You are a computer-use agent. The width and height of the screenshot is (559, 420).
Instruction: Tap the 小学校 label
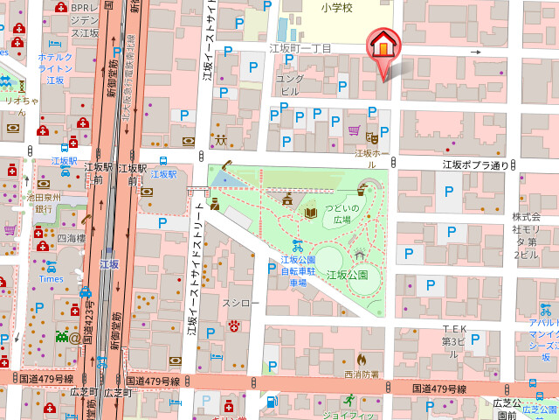point(335,8)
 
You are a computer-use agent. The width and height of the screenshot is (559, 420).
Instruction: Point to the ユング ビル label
point(289,84)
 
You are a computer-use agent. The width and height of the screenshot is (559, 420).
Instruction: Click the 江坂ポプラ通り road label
point(475,164)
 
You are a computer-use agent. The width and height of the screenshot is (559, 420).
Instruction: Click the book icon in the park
point(310,213)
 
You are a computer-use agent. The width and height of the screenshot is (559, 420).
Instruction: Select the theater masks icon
point(371,136)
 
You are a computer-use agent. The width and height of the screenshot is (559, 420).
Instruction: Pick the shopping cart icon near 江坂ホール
point(354,131)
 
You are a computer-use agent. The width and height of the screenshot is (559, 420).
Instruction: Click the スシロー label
point(241,303)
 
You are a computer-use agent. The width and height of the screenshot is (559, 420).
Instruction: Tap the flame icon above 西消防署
point(361,359)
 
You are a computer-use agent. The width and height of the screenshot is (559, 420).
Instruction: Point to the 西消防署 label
point(361,374)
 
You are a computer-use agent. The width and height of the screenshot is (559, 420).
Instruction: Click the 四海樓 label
point(71,238)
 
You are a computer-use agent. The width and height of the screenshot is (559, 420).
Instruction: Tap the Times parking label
point(52,278)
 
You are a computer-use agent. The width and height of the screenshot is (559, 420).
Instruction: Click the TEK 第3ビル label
point(454,336)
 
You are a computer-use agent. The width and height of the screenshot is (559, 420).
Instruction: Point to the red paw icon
point(234,325)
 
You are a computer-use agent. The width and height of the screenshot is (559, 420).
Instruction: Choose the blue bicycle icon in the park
point(297,246)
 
